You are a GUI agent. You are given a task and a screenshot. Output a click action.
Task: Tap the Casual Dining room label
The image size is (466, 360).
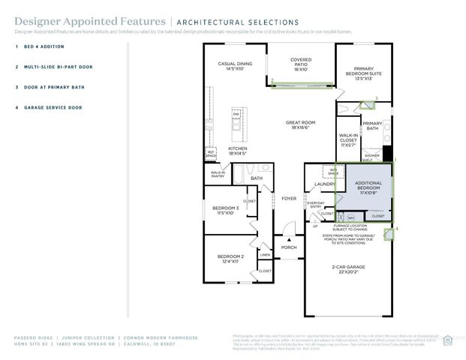(235, 66)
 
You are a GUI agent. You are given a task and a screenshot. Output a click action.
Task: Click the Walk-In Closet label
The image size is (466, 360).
(348, 139)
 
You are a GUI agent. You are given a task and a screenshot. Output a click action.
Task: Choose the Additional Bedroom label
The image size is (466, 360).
(369, 187)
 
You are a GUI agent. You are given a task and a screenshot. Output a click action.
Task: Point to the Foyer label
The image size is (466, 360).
(289, 199)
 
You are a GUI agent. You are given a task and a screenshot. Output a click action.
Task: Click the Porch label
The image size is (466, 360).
(289, 247)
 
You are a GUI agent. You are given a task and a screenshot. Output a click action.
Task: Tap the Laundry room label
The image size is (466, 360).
(325, 184)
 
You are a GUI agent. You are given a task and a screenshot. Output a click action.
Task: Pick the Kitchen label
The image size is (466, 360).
(238, 151)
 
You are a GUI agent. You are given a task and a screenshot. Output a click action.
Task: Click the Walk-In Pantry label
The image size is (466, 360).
(218, 175)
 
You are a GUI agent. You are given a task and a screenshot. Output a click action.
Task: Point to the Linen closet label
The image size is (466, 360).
(265, 255)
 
